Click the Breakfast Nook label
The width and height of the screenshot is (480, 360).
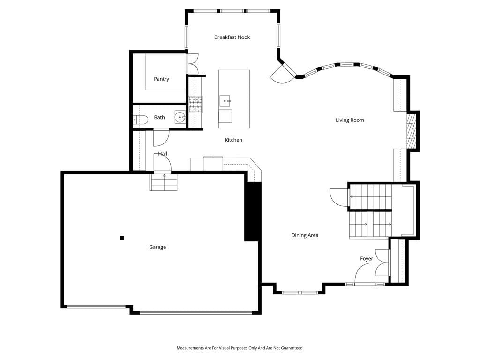(x=232, y=37)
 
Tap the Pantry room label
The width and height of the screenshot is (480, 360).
(x=161, y=79)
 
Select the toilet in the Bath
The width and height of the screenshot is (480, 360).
(x=140, y=120)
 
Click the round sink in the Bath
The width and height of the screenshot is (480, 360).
(x=180, y=117)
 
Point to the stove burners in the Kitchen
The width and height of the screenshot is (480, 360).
(x=195, y=104)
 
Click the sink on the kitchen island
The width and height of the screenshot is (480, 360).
(x=225, y=101)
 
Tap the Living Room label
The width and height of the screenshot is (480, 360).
(x=350, y=120)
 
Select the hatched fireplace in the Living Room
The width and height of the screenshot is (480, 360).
(x=411, y=131)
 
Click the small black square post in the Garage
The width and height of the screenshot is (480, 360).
(x=122, y=238)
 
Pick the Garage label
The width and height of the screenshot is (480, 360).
(x=157, y=247)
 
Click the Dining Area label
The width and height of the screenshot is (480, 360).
(x=305, y=235)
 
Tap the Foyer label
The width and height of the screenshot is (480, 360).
(x=367, y=259)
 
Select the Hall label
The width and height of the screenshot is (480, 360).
(x=163, y=154)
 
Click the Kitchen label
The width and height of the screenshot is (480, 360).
(x=233, y=140)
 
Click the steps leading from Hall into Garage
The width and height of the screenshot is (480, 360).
(x=164, y=182)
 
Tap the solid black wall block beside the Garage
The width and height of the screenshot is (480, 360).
(x=253, y=211)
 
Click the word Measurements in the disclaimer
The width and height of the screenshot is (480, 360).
(x=190, y=348)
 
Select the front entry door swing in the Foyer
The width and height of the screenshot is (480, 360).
(x=365, y=274)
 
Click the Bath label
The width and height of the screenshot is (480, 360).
(x=159, y=117)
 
